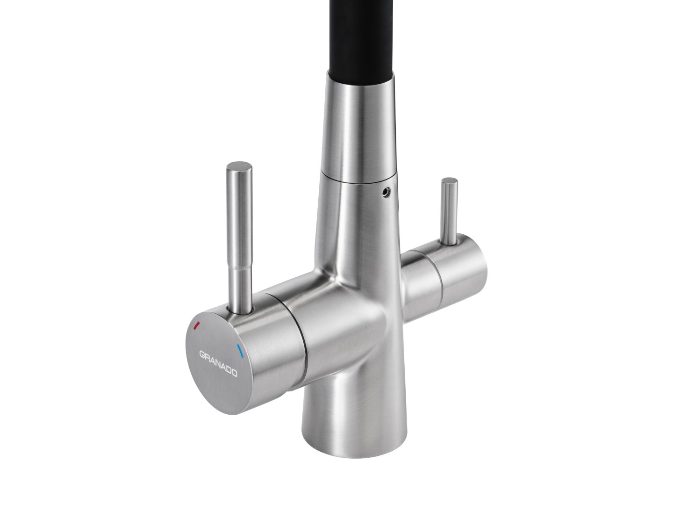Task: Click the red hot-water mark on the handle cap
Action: click(x=197, y=325)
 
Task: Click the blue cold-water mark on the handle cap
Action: click(x=240, y=351)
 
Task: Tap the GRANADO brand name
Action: click(x=218, y=364)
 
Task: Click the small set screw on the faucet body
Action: click(x=386, y=191)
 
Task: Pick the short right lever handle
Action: click(x=449, y=211)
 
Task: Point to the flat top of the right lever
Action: click(x=450, y=181)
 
